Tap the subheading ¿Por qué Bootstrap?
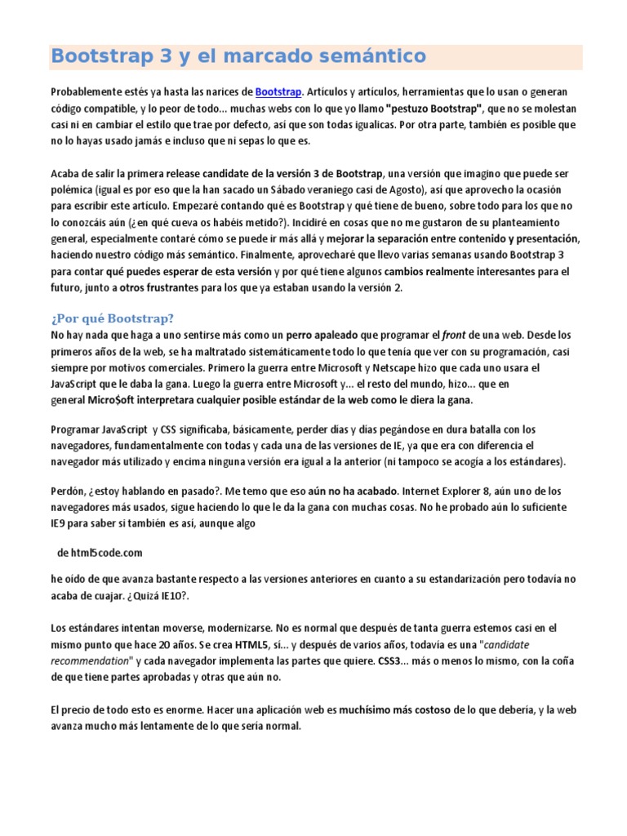pos(113,318)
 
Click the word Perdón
pos(69,491)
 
